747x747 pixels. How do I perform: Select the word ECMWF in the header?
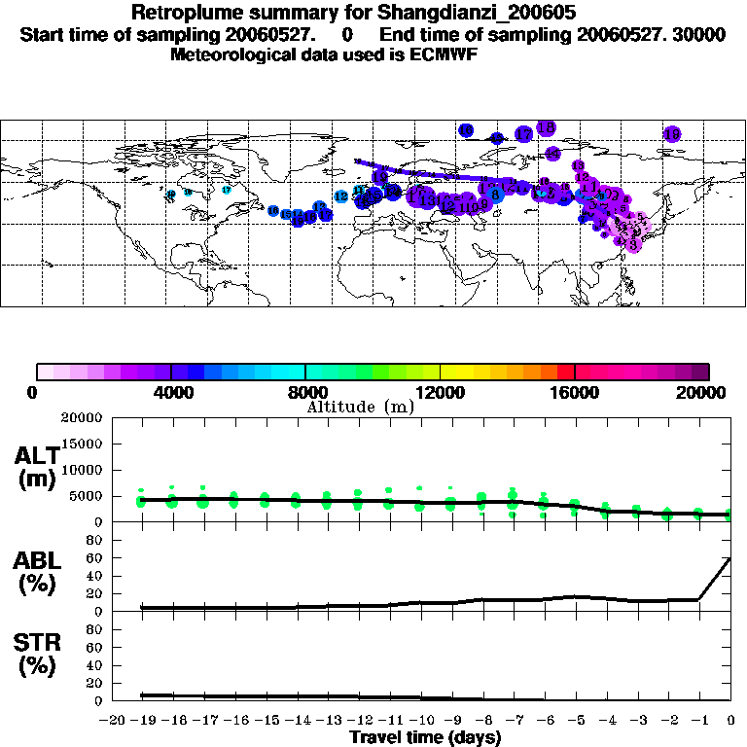(446, 54)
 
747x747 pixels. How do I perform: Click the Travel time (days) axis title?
(425, 738)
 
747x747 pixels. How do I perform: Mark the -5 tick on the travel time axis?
(575, 721)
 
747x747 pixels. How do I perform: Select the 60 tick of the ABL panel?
(96, 558)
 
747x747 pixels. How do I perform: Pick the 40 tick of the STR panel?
(96, 665)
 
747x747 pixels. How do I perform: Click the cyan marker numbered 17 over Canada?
(227, 190)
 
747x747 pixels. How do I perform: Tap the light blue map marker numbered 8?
(496, 195)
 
